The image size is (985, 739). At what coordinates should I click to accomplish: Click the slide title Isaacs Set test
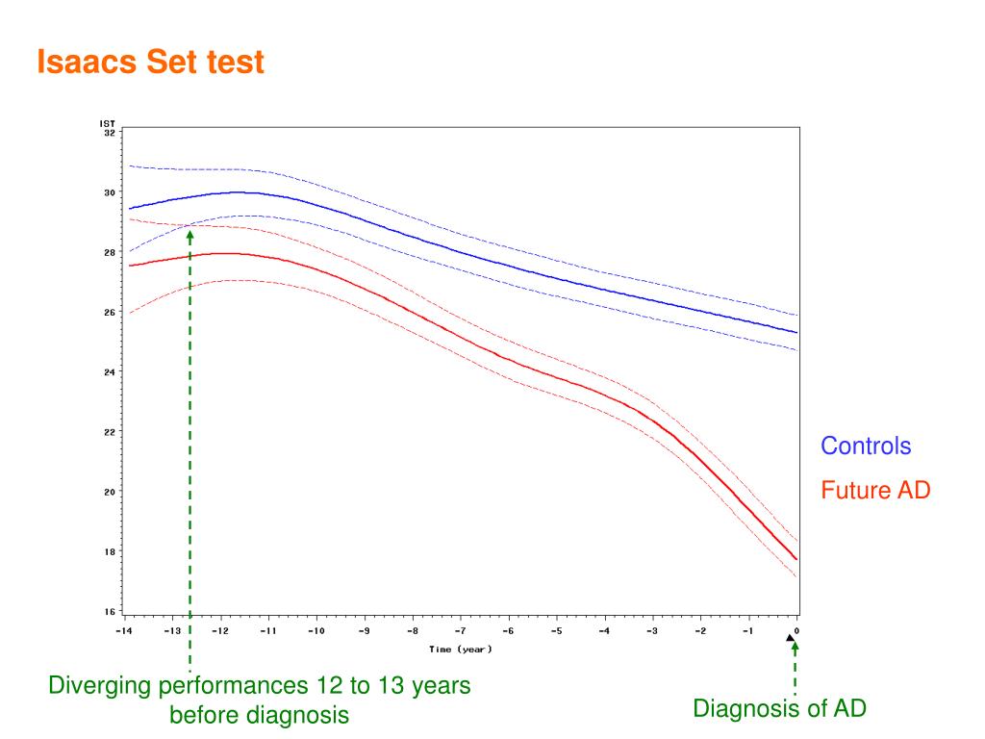(x=150, y=64)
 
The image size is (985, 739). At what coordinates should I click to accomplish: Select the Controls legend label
(x=865, y=446)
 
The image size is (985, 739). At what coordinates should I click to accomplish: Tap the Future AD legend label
(x=875, y=491)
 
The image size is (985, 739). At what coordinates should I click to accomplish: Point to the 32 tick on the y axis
(x=109, y=133)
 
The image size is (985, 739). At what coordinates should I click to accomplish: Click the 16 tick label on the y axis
(x=109, y=612)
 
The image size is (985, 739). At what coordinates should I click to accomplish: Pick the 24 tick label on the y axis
(x=109, y=372)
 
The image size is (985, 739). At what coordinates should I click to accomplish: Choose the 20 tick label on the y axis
(x=109, y=492)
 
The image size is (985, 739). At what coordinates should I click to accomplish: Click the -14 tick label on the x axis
(x=123, y=631)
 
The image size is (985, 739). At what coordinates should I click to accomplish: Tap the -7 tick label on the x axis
(x=460, y=631)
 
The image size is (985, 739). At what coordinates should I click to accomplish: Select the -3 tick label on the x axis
(x=652, y=631)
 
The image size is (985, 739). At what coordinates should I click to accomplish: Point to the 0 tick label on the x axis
(x=797, y=631)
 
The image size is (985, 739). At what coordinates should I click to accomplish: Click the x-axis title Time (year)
(x=461, y=650)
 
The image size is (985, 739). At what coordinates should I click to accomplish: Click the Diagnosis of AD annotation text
(x=780, y=709)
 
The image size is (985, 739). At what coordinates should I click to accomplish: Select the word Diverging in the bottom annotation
(x=101, y=686)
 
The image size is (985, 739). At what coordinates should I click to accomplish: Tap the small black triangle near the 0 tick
(x=791, y=637)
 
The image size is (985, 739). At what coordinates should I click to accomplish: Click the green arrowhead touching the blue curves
(x=189, y=235)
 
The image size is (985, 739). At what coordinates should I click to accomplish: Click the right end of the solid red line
(x=796, y=559)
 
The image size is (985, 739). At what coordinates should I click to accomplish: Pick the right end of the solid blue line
(x=797, y=333)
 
